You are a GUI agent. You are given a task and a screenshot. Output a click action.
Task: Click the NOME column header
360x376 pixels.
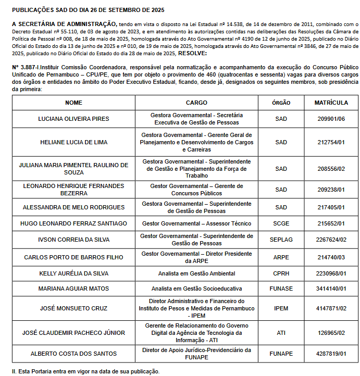pyautogui.click(x=73, y=103)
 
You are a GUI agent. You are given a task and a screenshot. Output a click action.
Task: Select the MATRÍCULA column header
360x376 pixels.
pyautogui.click(x=331, y=103)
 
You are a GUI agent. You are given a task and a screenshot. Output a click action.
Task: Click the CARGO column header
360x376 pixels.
pyautogui.click(x=196, y=103)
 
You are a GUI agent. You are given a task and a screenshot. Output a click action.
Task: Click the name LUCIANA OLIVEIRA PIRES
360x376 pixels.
pyautogui.click(x=73, y=119)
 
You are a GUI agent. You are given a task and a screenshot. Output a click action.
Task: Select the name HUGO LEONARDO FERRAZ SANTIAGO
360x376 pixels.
pyautogui.click(x=73, y=223)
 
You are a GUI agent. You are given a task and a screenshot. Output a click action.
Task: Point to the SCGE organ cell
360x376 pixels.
pyautogui.click(x=281, y=223)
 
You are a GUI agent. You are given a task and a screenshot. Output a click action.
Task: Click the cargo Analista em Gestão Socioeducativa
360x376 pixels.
pyautogui.click(x=196, y=289)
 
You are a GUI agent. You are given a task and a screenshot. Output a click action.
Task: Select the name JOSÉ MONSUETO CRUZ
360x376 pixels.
pyautogui.click(x=73, y=308)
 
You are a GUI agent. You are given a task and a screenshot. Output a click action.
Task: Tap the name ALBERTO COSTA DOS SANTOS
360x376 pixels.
pyautogui.click(x=73, y=354)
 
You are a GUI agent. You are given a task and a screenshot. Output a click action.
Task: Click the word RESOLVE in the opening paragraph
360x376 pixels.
pyautogui.click(x=192, y=53)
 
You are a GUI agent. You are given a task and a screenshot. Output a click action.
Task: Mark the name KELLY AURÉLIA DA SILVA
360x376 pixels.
pyautogui.click(x=73, y=273)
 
